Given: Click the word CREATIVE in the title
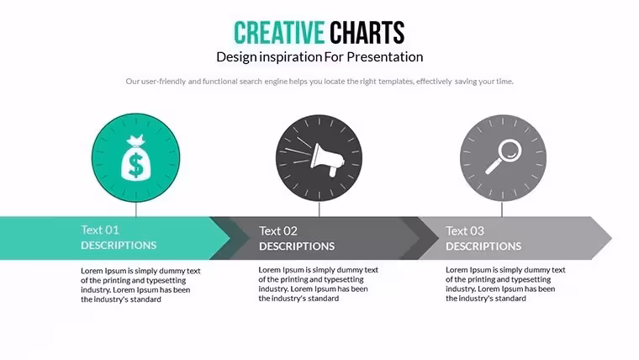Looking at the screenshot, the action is click(x=279, y=33).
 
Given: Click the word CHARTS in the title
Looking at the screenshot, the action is click(x=367, y=33).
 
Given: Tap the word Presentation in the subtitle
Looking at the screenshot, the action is click(x=385, y=56).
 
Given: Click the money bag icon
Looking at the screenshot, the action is click(x=135, y=157).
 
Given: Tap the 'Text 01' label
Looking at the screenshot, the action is click(x=100, y=230).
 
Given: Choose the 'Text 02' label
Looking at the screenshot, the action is click(x=278, y=231).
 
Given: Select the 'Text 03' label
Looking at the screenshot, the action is click(x=465, y=231).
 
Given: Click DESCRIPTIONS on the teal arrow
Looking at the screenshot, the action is click(x=119, y=245).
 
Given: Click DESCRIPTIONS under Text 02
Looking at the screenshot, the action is click(x=297, y=246).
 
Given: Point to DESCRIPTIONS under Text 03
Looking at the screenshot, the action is click(x=483, y=246).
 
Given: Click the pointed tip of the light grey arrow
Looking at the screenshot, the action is click(x=612, y=238).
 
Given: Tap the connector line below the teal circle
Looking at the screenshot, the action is click(x=135, y=209).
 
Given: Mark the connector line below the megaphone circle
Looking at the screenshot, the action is click(x=319, y=209).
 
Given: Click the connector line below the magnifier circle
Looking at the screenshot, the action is click(x=502, y=209).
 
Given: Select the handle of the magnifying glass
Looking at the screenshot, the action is click(x=493, y=167).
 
